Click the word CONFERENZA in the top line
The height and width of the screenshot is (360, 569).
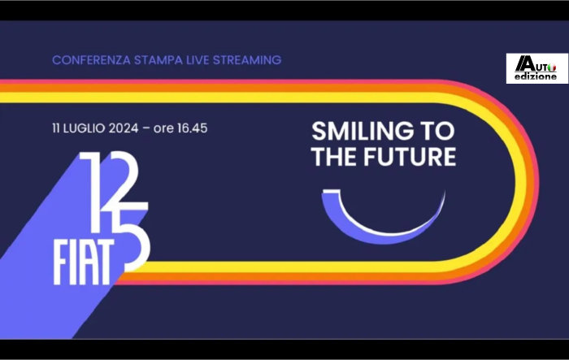91,60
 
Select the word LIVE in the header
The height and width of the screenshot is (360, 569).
198,60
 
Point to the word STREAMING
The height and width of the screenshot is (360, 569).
247,60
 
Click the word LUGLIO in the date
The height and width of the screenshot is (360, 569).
84,128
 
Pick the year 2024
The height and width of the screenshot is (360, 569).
124,128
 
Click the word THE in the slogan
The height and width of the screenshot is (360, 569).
335,156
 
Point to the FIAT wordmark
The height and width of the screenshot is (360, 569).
83,262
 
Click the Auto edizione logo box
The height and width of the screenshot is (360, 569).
537,68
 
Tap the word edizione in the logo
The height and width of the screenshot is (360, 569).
536,76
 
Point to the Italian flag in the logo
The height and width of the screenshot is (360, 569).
552,67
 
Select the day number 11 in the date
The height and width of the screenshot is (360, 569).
55,128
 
